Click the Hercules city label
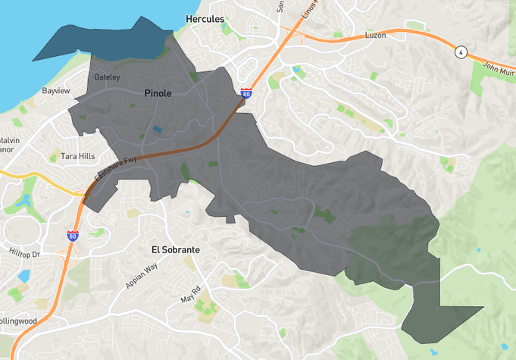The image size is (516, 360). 205,18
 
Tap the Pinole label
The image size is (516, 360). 158,93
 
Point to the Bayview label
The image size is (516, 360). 56,91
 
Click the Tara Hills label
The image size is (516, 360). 78,156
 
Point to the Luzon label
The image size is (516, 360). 375,36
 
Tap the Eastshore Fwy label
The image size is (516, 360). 115,167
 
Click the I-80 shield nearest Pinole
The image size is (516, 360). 246,93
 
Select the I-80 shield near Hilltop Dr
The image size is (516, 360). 73,236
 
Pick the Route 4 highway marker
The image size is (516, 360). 460,52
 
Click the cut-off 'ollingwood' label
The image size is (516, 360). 18,321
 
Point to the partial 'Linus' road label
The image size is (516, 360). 307,6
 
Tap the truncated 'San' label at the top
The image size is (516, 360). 280,5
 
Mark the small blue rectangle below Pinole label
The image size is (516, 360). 157,130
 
